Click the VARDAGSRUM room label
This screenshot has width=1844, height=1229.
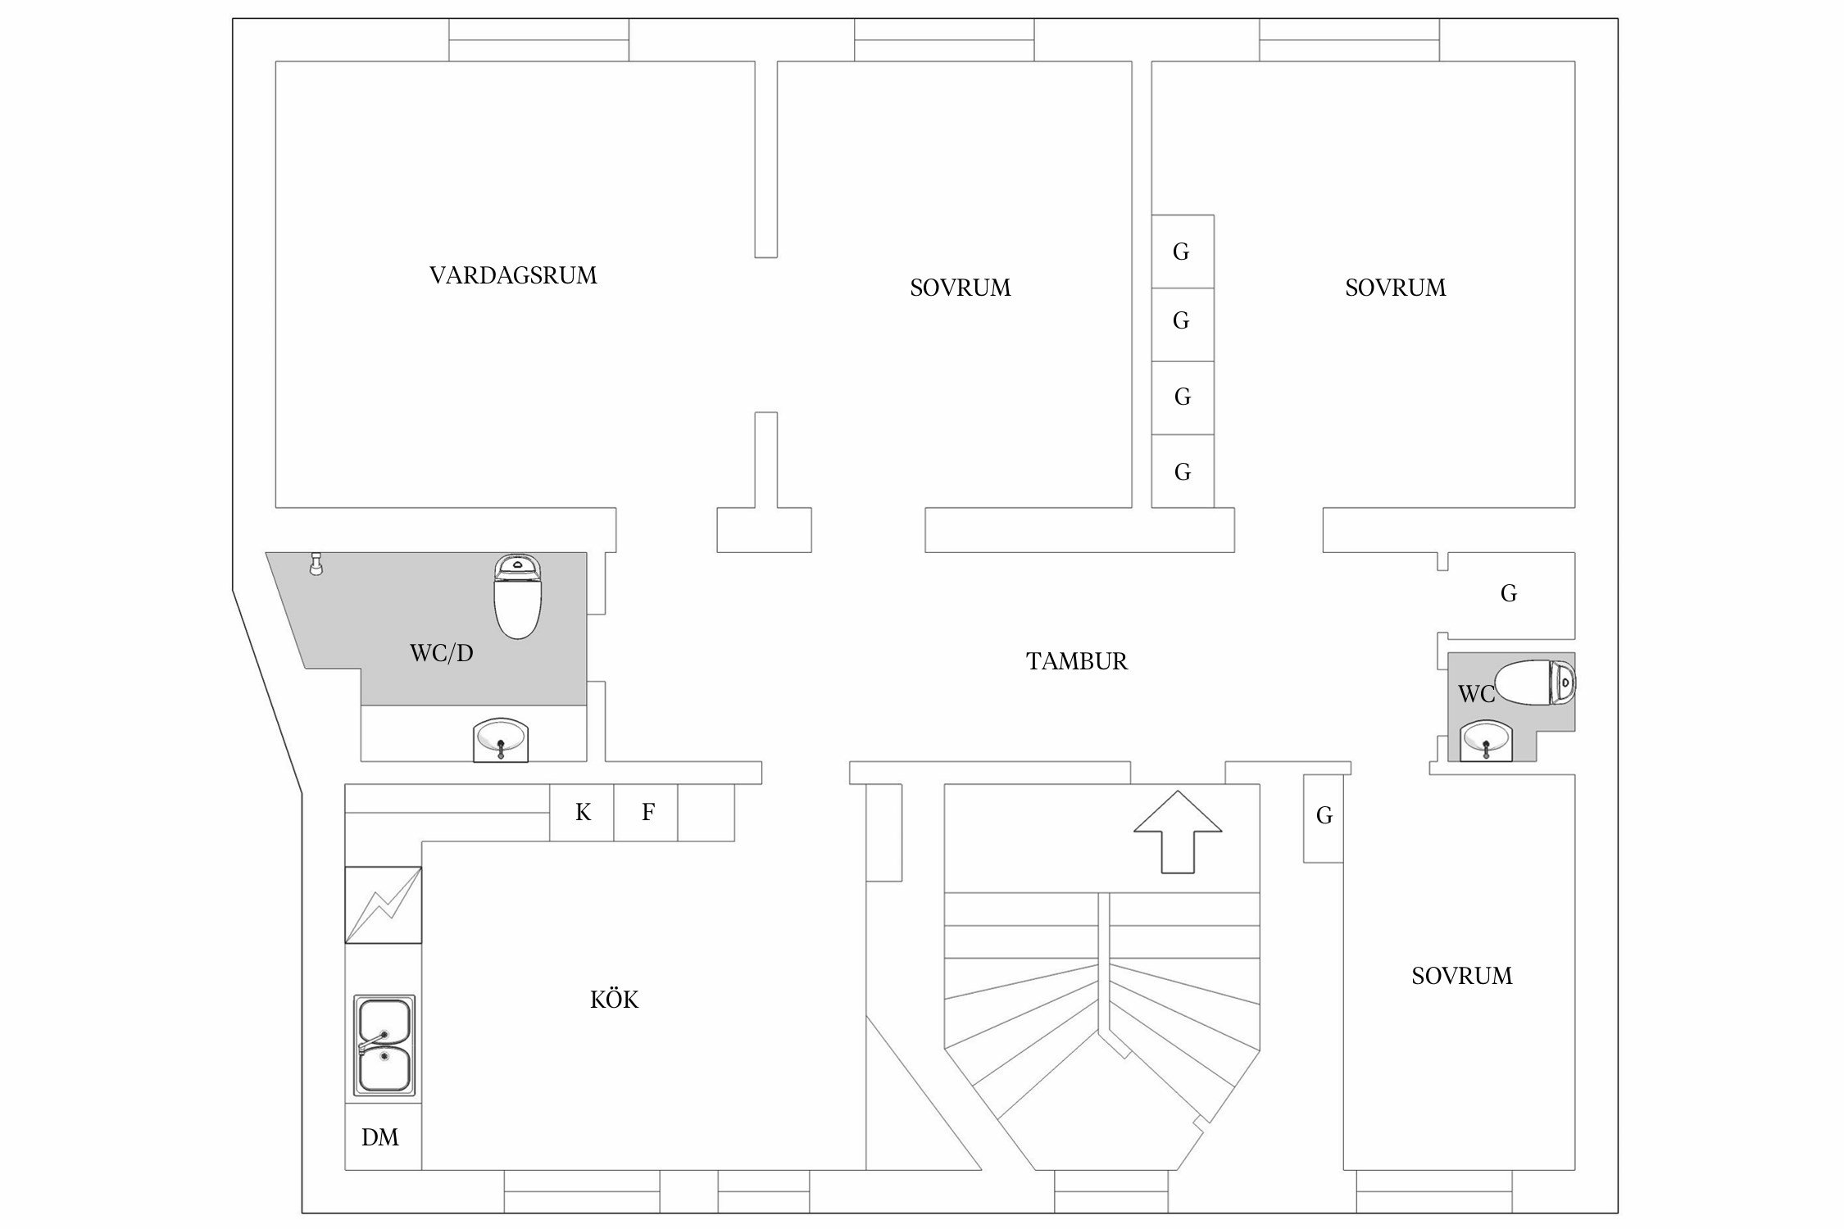[x=513, y=275]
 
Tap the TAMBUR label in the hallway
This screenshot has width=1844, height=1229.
[x=1076, y=661]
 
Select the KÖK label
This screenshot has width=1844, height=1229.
[x=614, y=1000]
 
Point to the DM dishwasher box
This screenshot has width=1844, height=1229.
[x=381, y=1137]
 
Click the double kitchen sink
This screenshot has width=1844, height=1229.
[x=384, y=1045]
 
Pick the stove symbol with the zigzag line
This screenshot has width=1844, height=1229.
[x=384, y=905]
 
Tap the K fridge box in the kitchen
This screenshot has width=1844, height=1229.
[x=582, y=813]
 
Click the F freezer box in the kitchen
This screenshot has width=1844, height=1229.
[x=647, y=813]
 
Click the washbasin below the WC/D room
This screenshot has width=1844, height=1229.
[x=500, y=740]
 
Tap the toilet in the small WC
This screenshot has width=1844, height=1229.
[x=1534, y=683]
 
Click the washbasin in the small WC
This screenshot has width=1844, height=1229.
[x=1486, y=740]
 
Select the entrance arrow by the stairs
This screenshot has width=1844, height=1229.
[x=1177, y=832]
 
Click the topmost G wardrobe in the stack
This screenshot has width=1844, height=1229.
[x=1182, y=252]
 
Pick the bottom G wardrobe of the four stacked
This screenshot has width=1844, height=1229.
[x=1182, y=471]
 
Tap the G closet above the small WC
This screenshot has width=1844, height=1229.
[x=1509, y=594]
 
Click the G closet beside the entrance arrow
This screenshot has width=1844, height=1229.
[x=1324, y=816]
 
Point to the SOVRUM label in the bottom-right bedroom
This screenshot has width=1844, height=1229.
[x=1461, y=976]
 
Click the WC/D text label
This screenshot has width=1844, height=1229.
[x=441, y=654]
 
